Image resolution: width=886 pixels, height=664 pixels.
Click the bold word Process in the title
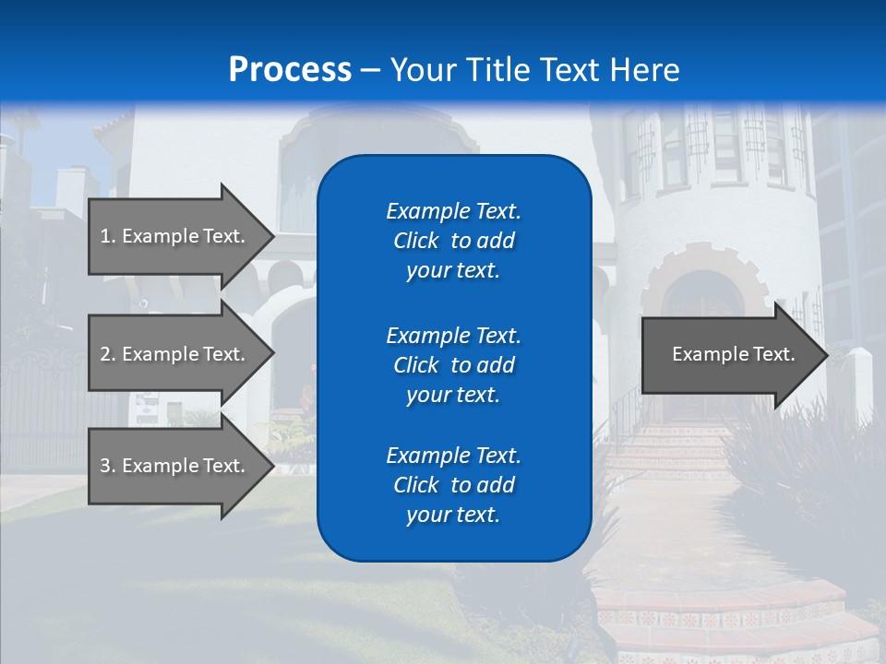click(x=290, y=70)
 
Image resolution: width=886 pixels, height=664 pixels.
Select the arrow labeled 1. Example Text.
click(x=175, y=236)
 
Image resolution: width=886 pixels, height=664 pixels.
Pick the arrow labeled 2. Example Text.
click(x=175, y=354)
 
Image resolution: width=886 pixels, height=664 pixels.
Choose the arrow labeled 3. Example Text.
click(x=175, y=466)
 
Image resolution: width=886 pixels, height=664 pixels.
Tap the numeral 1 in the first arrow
click(x=105, y=236)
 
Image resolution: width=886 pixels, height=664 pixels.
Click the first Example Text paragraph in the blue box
click(x=453, y=241)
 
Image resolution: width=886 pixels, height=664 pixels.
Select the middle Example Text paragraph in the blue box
click(x=453, y=364)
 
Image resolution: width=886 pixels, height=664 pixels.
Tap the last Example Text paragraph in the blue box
click(x=453, y=485)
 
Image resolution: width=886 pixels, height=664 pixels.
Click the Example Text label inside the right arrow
click(x=733, y=354)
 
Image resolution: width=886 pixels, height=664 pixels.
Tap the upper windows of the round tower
click(x=711, y=148)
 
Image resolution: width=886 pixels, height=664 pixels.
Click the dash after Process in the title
click(x=370, y=70)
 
